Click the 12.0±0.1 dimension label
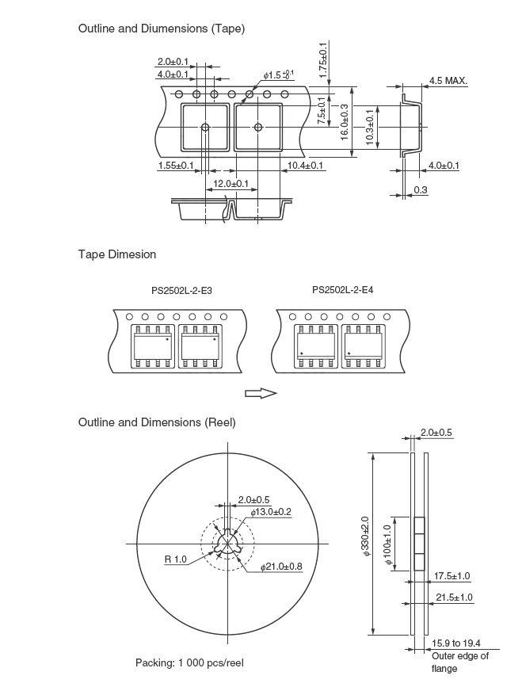coord(231,183)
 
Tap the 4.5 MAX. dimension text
coord(448,81)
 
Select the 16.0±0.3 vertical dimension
coord(345,122)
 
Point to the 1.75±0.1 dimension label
coord(323,60)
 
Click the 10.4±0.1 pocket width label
coord(305,166)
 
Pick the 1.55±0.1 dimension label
coord(176,166)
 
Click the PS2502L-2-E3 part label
coord(181,291)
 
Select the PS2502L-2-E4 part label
coord(343,290)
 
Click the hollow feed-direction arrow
coord(261,393)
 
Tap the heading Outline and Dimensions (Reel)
coord(157,422)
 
